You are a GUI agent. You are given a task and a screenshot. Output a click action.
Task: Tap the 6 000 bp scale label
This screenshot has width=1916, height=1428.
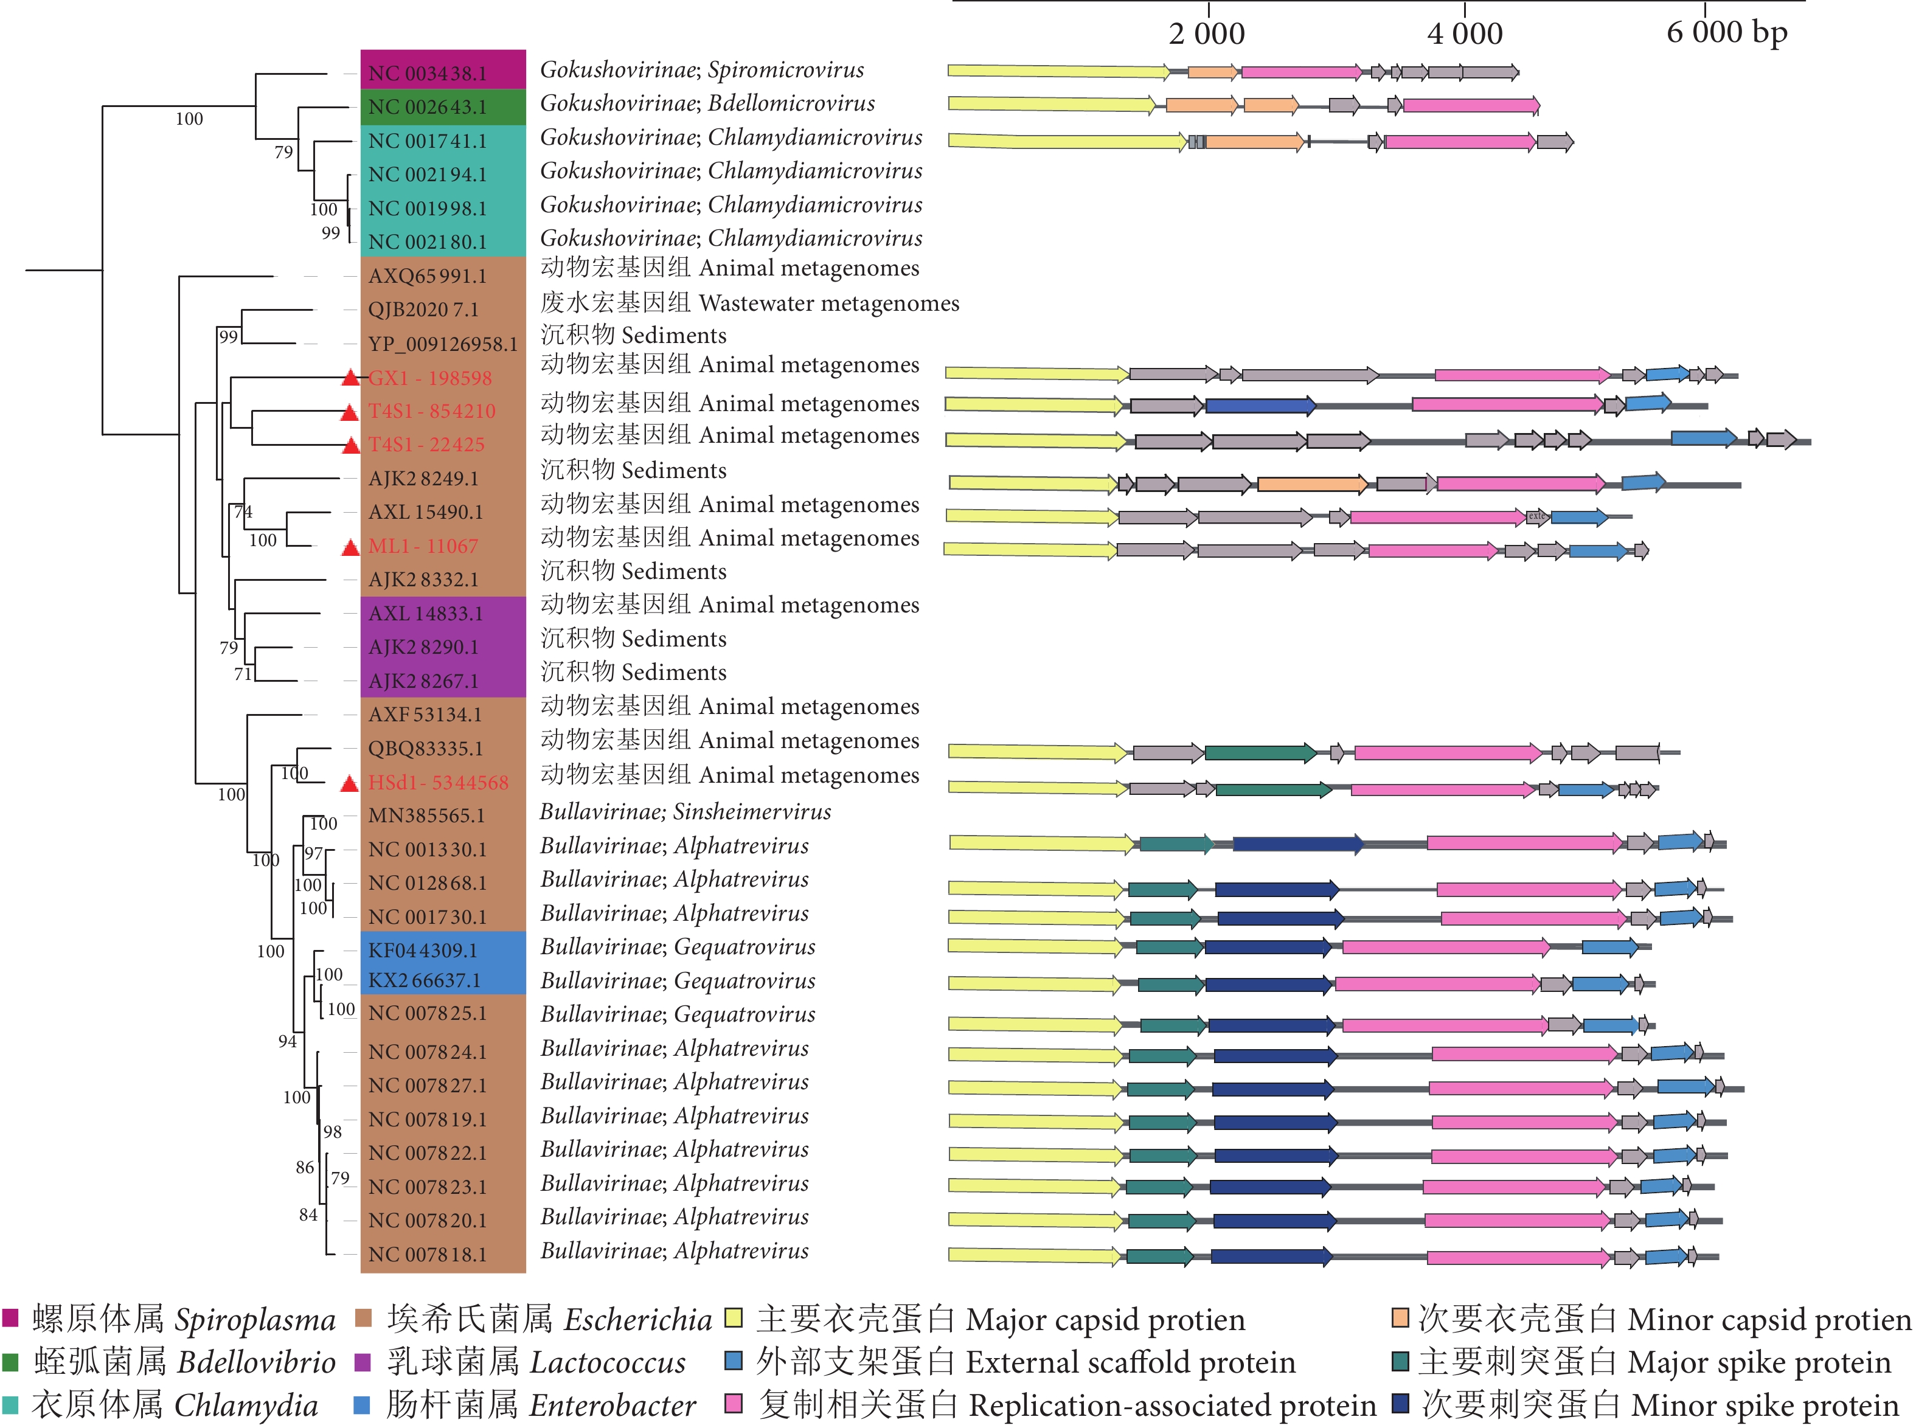tap(1726, 32)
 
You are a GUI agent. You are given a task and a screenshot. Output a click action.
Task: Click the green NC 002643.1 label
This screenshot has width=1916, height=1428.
tap(427, 107)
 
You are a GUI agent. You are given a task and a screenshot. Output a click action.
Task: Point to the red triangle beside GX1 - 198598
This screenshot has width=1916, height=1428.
tap(349, 378)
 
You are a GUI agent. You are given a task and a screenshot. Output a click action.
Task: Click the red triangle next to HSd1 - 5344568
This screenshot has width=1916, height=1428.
tap(349, 783)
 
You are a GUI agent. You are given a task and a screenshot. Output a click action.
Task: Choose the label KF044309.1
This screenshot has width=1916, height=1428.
tap(423, 950)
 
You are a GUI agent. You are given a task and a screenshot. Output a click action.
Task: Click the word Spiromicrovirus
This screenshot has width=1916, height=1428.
tap(786, 70)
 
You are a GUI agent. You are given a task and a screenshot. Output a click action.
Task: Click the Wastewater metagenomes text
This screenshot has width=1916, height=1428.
tap(828, 303)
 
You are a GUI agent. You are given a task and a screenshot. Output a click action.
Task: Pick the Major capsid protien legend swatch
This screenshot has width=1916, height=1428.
tap(733, 1317)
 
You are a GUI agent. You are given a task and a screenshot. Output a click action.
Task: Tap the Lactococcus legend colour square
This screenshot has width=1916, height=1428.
tap(363, 1362)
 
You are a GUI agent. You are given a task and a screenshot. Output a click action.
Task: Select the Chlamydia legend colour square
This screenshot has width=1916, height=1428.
tap(10, 1405)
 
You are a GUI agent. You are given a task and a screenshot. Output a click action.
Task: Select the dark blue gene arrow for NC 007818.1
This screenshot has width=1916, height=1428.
tap(1271, 1256)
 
